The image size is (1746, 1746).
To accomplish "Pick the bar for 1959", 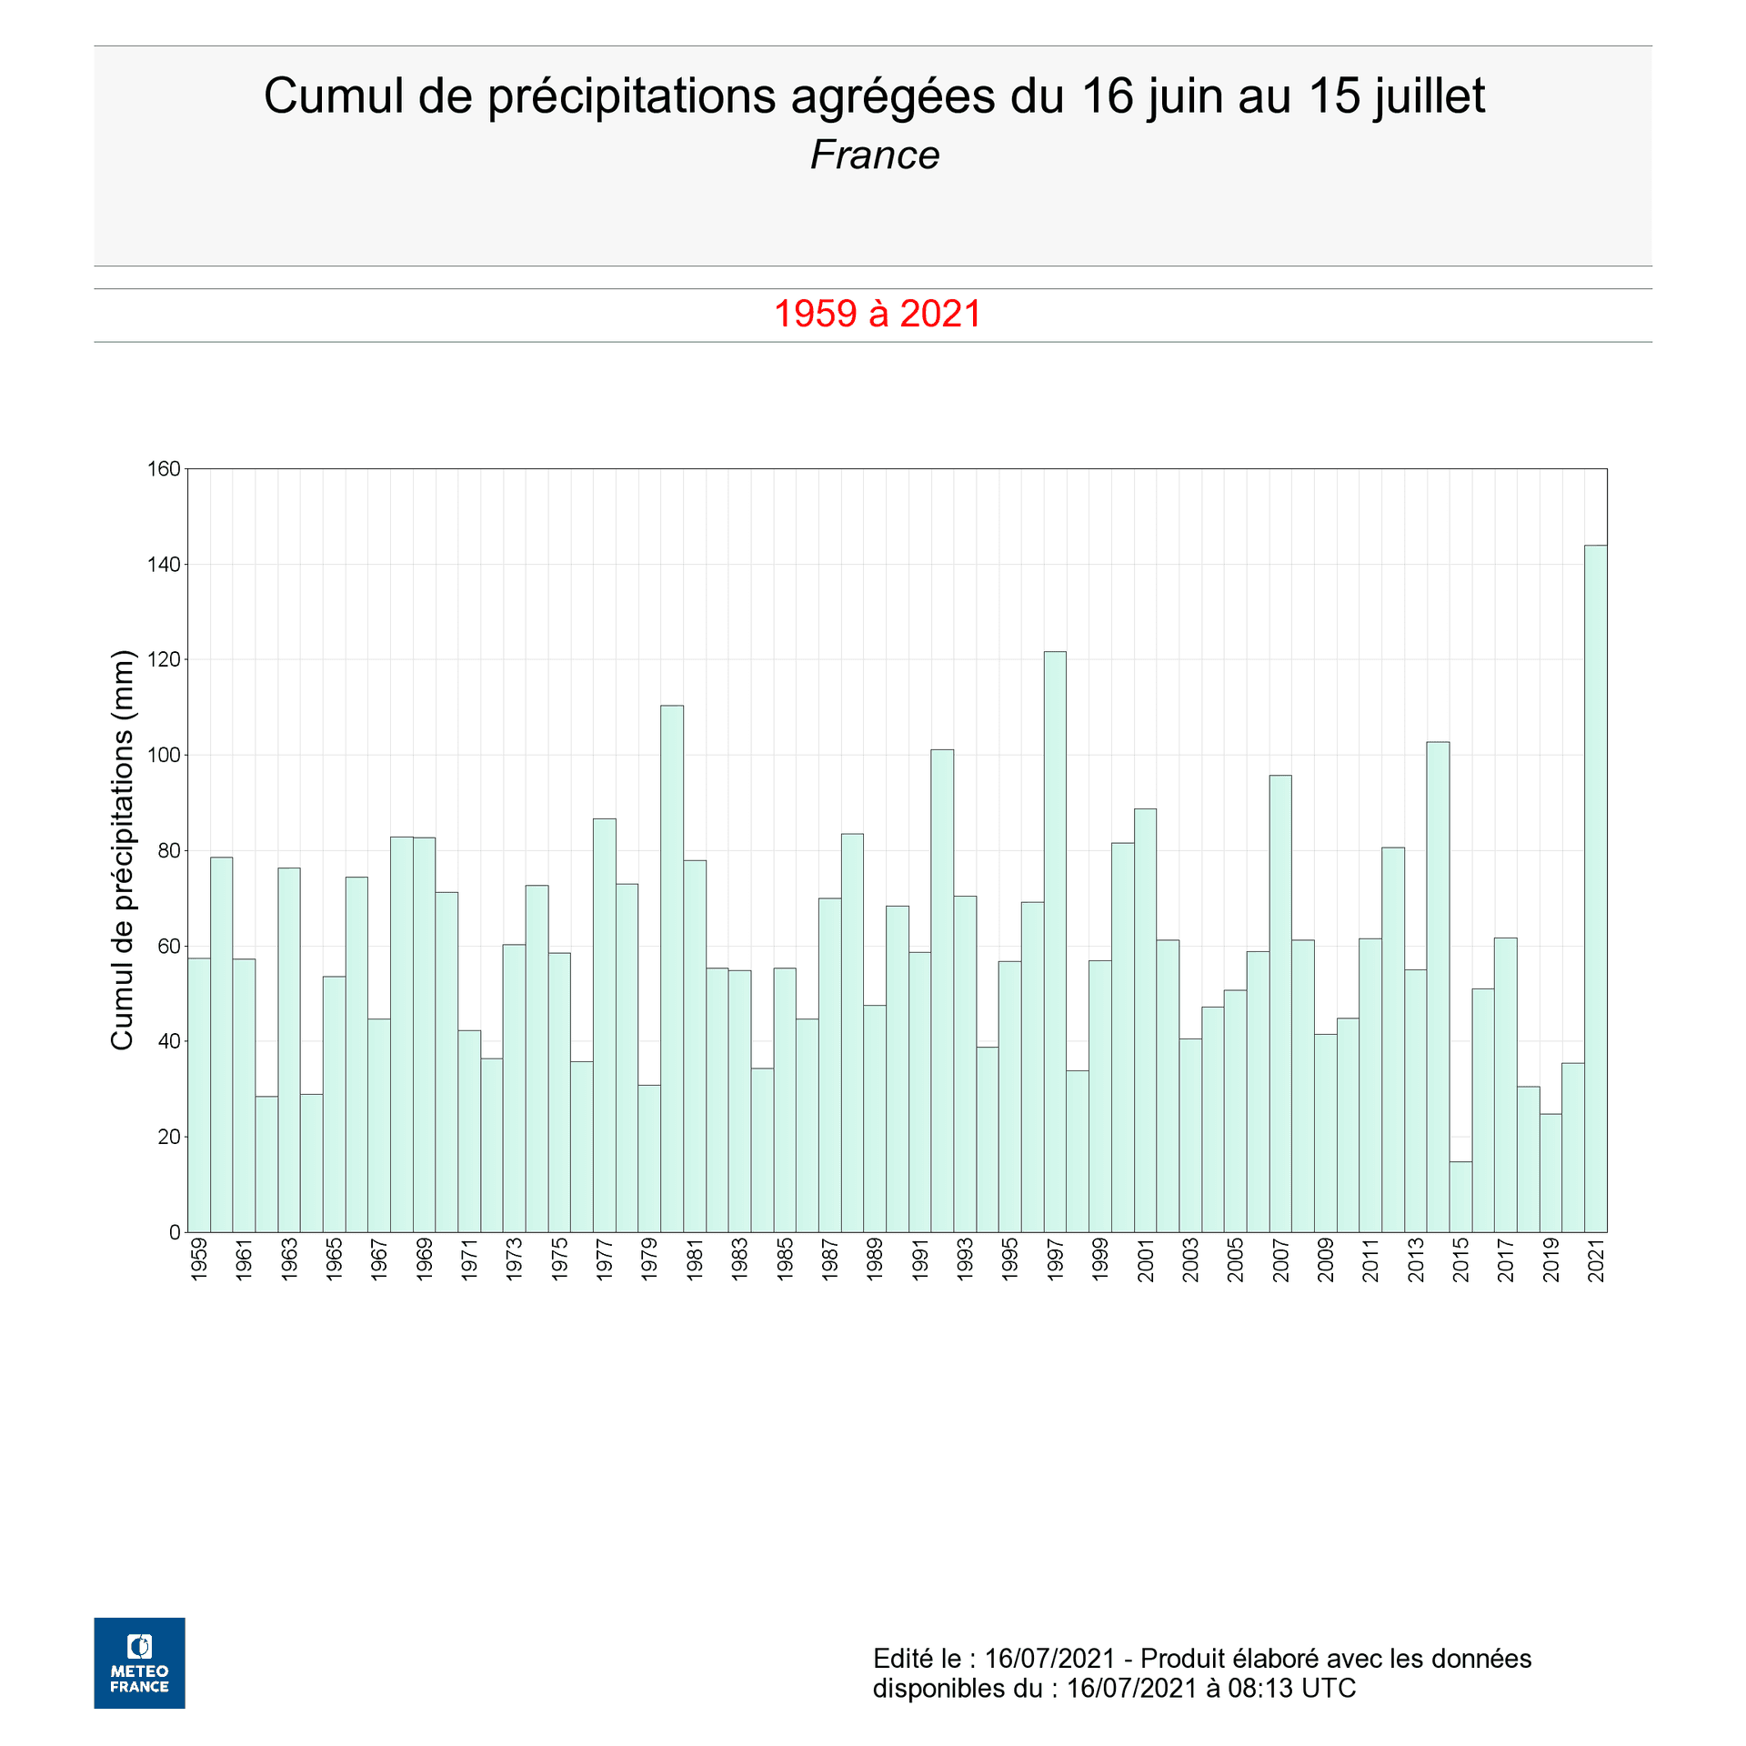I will pyautogui.click(x=199, y=1095).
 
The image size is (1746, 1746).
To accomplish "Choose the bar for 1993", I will pyautogui.click(x=965, y=1064).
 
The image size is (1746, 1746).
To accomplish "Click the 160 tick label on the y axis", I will pyautogui.click(x=164, y=469).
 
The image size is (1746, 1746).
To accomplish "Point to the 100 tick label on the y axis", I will pyautogui.click(x=164, y=755).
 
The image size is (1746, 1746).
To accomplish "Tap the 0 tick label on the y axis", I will pyautogui.click(x=175, y=1232).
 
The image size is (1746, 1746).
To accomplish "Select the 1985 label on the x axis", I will pyautogui.click(x=785, y=1259).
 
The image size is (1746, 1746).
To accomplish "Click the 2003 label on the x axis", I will pyautogui.click(x=1190, y=1259).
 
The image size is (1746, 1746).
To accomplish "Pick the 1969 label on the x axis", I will pyautogui.click(x=425, y=1259).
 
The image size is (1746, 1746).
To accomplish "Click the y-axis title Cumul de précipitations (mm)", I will pyautogui.click(x=122, y=849).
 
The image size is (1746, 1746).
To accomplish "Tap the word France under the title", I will pyautogui.click(x=874, y=156).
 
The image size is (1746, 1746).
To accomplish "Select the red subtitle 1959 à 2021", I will pyautogui.click(x=878, y=314).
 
